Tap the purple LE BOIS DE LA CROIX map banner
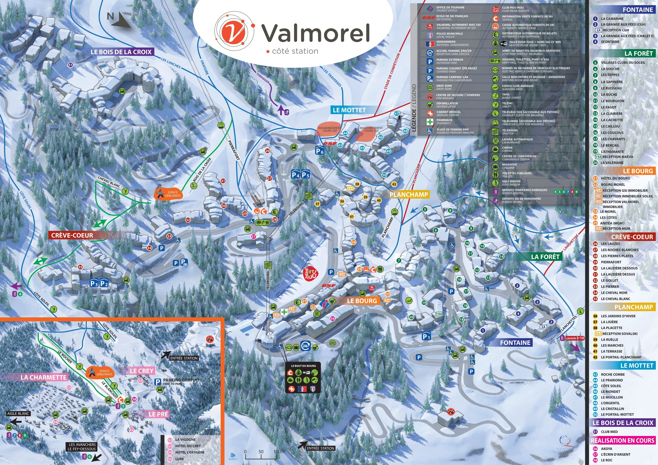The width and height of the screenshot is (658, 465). coord(121,52)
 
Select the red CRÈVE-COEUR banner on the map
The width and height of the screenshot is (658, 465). coord(72,235)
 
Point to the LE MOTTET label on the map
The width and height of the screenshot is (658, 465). coord(349,110)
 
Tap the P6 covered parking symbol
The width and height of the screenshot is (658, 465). coord(319,151)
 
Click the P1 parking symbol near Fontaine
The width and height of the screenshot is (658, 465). coord(426,336)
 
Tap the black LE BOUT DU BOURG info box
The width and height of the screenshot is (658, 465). coord(303,377)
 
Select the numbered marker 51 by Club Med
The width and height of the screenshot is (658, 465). coord(70,65)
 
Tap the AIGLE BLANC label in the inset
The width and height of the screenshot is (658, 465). coord(18,414)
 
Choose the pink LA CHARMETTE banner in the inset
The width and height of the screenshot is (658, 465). coord(44,377)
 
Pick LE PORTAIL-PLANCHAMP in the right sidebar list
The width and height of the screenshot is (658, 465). coord(621,357)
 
